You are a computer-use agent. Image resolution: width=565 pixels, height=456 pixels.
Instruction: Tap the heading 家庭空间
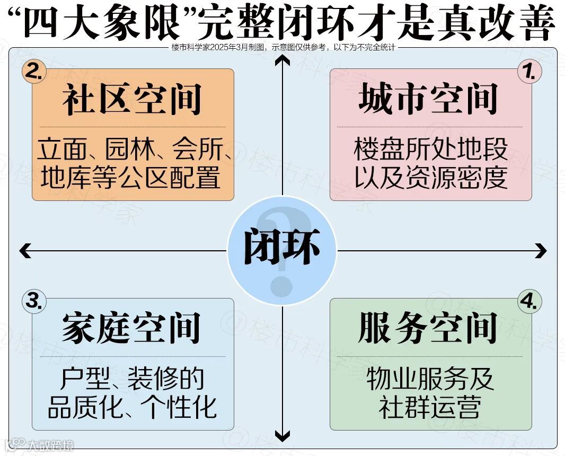coord(131,328)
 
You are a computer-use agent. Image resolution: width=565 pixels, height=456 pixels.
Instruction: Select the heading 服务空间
coord(428,328)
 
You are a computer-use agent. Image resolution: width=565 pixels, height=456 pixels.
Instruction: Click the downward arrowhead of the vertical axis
coord(282,437)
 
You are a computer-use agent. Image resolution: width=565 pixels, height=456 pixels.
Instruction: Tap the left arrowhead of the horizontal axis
coord(24,250)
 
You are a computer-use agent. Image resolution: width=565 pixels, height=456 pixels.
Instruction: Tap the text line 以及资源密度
coord(430,178)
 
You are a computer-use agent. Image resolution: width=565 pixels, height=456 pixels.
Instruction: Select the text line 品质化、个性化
coord(133,407)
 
